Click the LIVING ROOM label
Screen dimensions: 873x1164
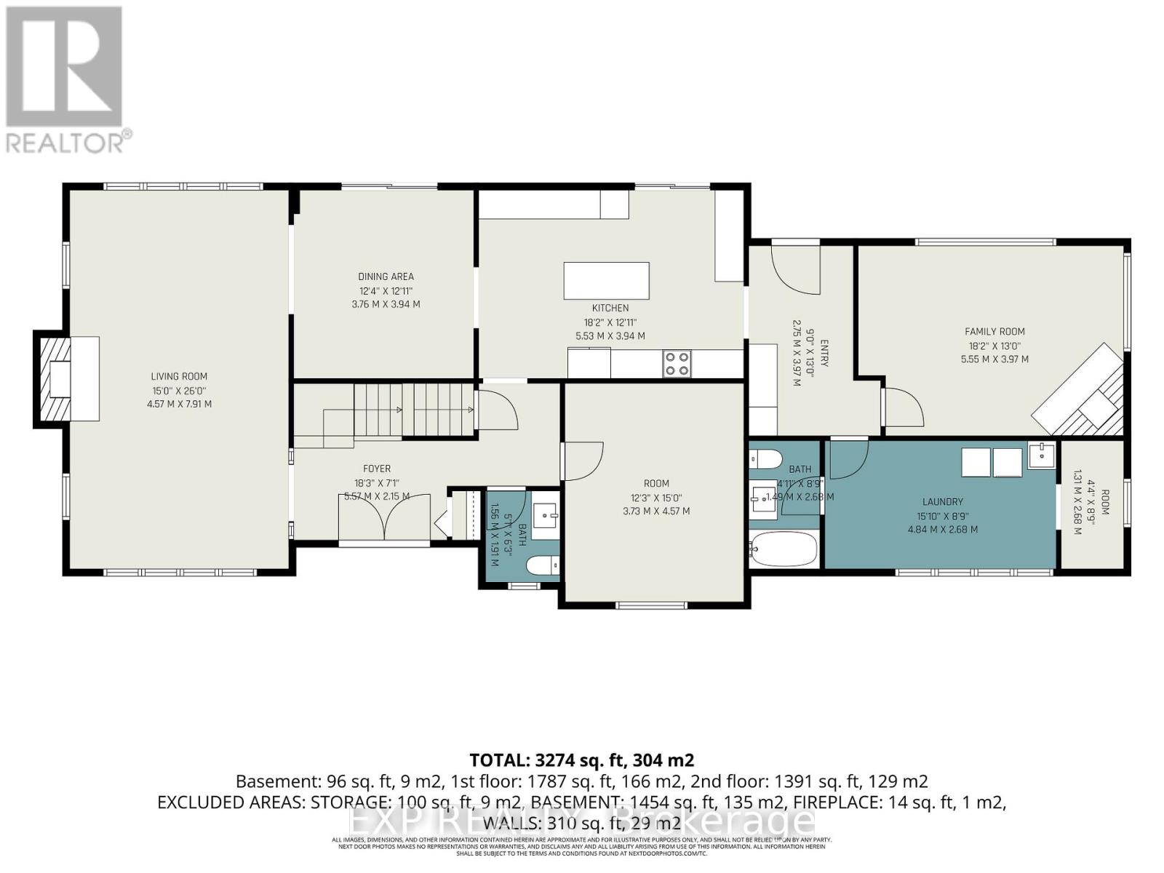point(179,376)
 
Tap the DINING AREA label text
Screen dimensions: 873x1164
point(386,276)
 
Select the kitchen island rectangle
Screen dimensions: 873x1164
point(606,281)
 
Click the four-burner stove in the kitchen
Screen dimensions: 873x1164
point(677,364)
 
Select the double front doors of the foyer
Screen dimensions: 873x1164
point(384,518)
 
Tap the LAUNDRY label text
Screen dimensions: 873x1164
point(942,502)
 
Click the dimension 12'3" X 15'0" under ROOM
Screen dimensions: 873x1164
point(656,498)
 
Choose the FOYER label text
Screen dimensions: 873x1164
point(377,469)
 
